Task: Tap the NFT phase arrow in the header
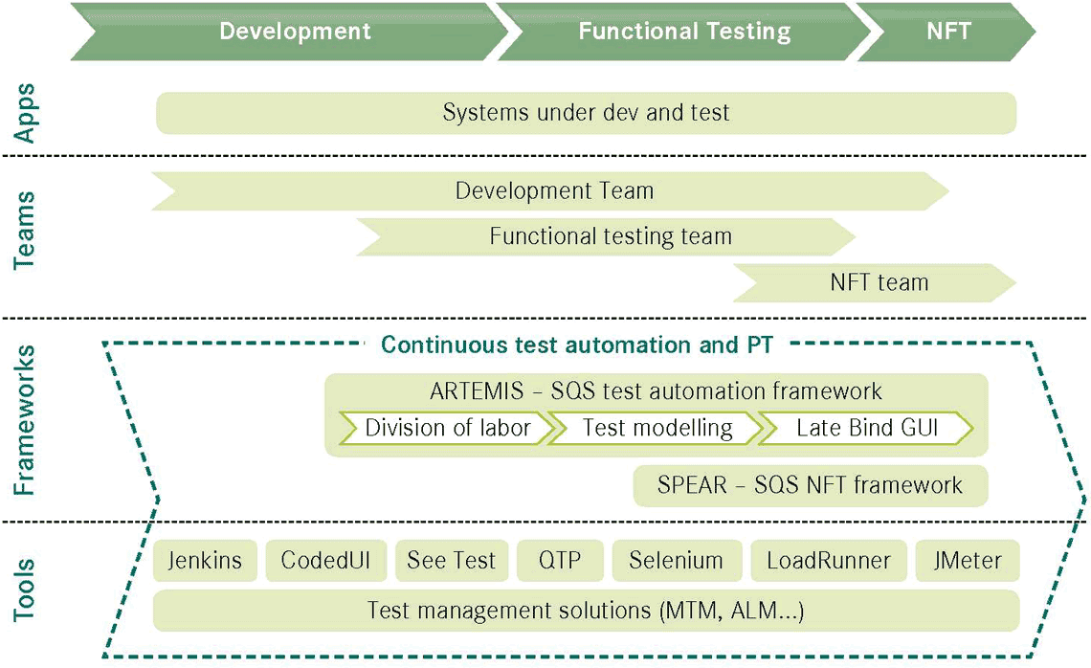[x=947, y=32]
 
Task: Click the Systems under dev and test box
[x=586, y=113]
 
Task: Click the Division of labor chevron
[x=447, y=428]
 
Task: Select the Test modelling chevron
[x=657, y=428]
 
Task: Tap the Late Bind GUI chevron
[x=866, y=428]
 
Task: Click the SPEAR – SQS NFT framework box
[x=811, y=485]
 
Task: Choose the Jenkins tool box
[x=205, y=560]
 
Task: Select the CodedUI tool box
[x=325, y=560]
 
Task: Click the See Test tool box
[x=452, y=560]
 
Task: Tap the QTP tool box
[x=560, y=560]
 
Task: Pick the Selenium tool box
[x=677, y=560]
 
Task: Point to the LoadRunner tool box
[x=829, y=560]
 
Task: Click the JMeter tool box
[x=968, y=560]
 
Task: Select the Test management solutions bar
[x=586, y=611]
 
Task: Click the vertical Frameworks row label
[x=24, y=419]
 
